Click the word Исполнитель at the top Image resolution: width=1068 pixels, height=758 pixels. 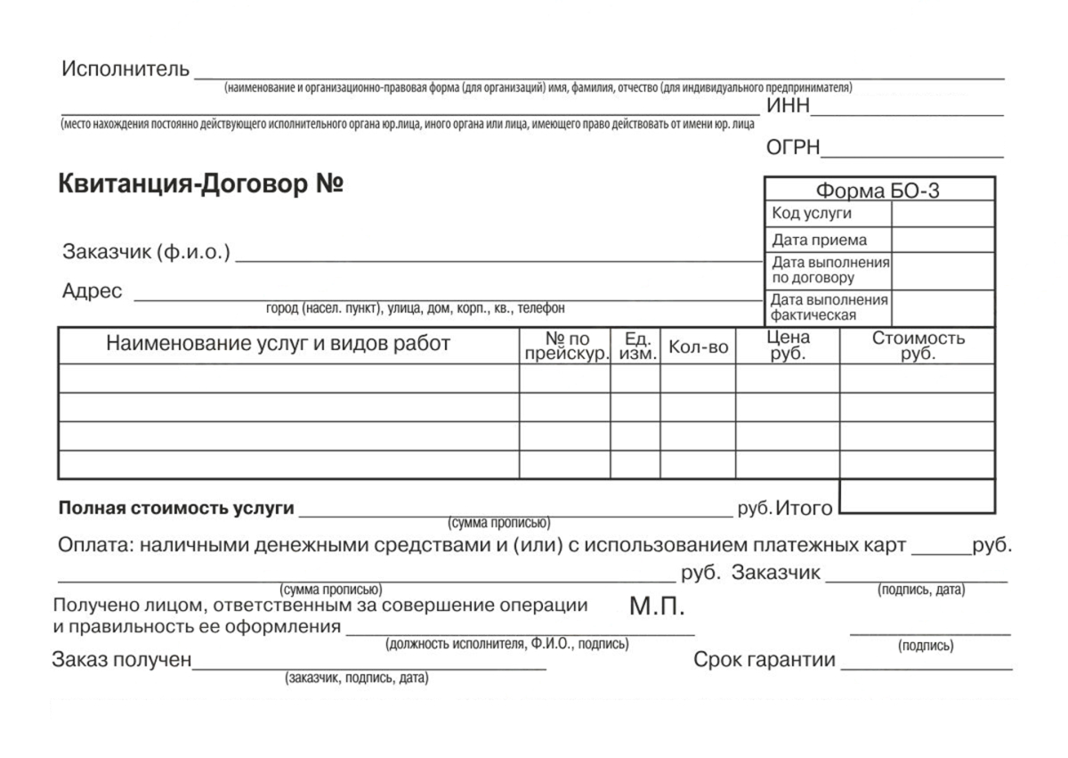click(125, 69)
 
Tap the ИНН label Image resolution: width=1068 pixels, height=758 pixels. click(789, 107)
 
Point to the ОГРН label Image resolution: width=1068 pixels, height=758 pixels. click(793, 149)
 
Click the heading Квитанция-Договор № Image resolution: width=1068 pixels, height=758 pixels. click(201, 184)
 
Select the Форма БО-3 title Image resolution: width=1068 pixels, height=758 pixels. click(878, 191)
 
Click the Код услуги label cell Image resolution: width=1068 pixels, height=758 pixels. click(812, 214)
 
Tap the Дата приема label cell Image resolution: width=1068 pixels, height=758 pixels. click(819, 240)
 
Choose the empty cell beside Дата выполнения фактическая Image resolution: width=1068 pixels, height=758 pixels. click(942, 308)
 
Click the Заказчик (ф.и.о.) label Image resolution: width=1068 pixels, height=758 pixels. click(146, 252)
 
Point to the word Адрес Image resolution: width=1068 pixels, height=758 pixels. click(92, 291)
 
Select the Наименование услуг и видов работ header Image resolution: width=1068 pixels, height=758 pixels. click(279, 345)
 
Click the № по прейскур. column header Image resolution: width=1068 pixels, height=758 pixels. click(566, 346)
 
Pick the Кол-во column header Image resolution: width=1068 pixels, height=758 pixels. click(699, 347)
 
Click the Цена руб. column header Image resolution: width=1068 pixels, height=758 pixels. click(788, 346)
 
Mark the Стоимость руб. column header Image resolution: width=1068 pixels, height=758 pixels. click(918, 346)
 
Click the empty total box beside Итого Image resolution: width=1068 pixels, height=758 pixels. click(917, 496)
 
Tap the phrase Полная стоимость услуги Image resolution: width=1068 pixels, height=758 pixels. click(176, 509)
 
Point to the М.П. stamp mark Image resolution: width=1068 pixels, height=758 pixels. click(657, 608)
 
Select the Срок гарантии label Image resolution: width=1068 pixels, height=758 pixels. click(765, 660)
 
